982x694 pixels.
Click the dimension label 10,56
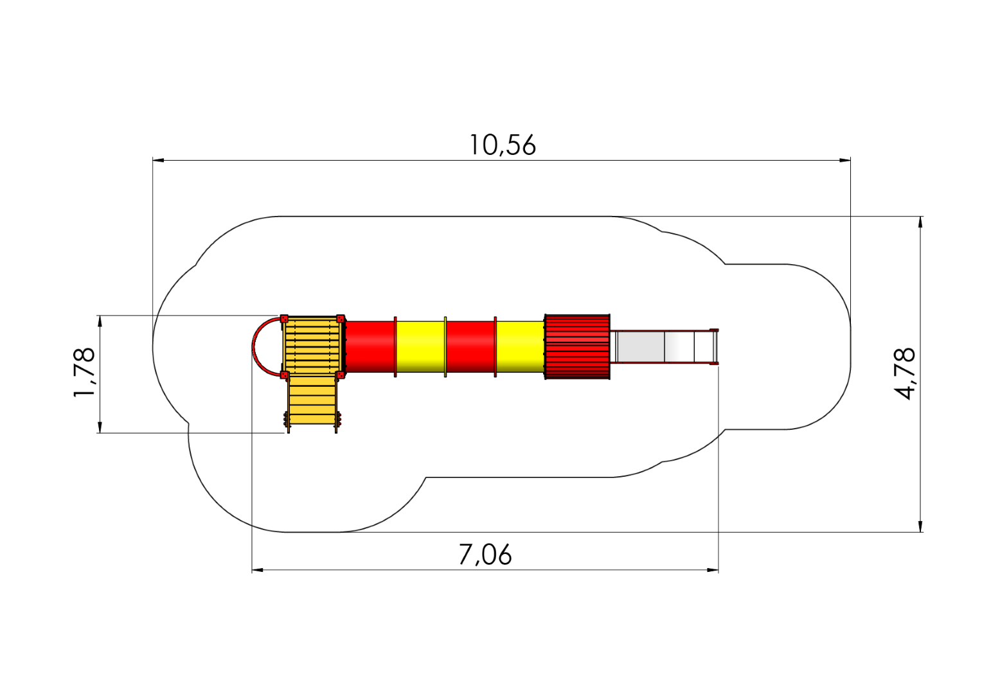click(503, 145)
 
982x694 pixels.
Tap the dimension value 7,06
click(485, 555)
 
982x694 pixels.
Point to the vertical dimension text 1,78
click(84, 372)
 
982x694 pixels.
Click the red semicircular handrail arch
click(253, 347)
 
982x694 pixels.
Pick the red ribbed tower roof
click(577, 346)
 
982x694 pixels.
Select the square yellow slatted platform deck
click(312, 346)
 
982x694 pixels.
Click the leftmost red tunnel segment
click(370, 347)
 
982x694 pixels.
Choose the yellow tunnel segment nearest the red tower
click(521, 347)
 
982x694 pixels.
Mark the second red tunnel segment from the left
click(470, 347)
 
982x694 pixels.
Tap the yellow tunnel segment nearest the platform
click(420, 347)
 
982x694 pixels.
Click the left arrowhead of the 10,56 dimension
click(158, 160)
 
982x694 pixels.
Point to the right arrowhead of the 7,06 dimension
click(713, 570)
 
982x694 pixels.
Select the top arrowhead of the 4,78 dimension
click(920, 222)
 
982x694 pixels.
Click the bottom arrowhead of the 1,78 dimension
click(100, 427)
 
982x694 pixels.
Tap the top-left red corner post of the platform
click(284, 318)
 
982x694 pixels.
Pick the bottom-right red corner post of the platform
click(340, 375)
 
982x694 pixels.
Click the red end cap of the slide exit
click(715, 347)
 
